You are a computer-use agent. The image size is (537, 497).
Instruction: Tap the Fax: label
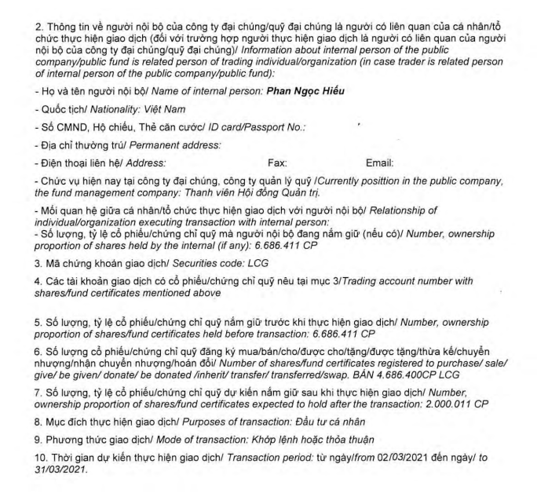click(x=278, y=163)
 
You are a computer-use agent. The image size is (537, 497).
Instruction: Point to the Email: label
click(x=380, y=163)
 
